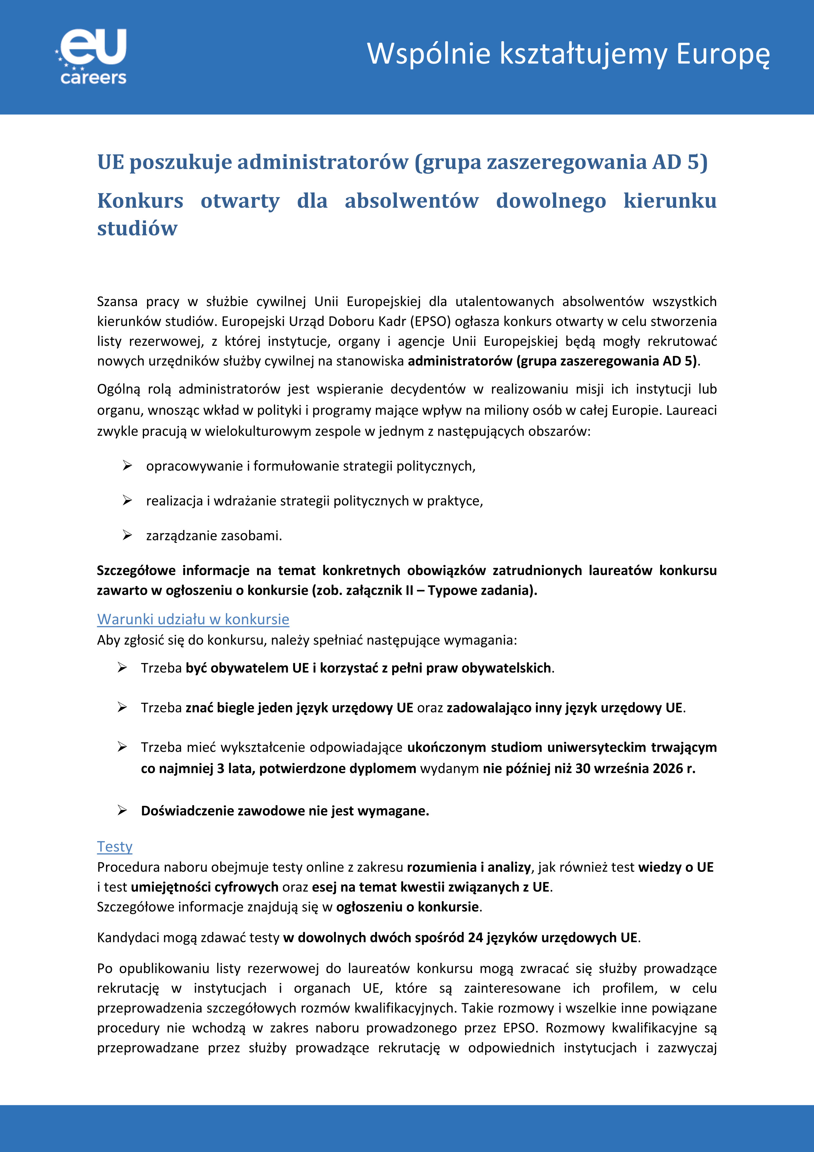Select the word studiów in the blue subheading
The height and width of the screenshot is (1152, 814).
click(x=138, y=228)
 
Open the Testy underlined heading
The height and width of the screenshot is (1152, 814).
click(x=115, y=847)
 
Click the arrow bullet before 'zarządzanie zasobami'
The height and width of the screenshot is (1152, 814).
click(x=127, y=535)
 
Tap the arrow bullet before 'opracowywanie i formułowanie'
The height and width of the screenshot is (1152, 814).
click(x=127, y=466)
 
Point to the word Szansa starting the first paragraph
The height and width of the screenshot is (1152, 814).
click(x=117, y=301)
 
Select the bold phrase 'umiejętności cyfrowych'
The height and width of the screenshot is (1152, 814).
click(x=204, y=887)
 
